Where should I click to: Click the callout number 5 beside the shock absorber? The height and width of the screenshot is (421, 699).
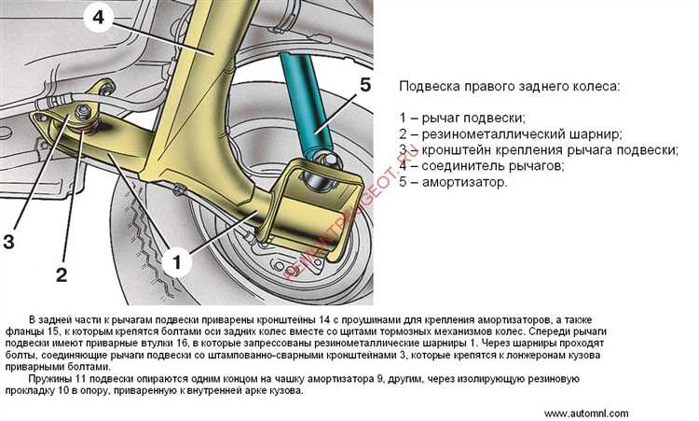(x=365, y=86)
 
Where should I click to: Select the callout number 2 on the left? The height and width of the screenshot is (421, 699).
(x=62, y=274)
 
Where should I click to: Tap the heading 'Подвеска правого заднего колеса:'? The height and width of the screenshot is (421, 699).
(x=508, y=86)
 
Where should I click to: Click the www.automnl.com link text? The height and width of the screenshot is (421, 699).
(x=585, y=413)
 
